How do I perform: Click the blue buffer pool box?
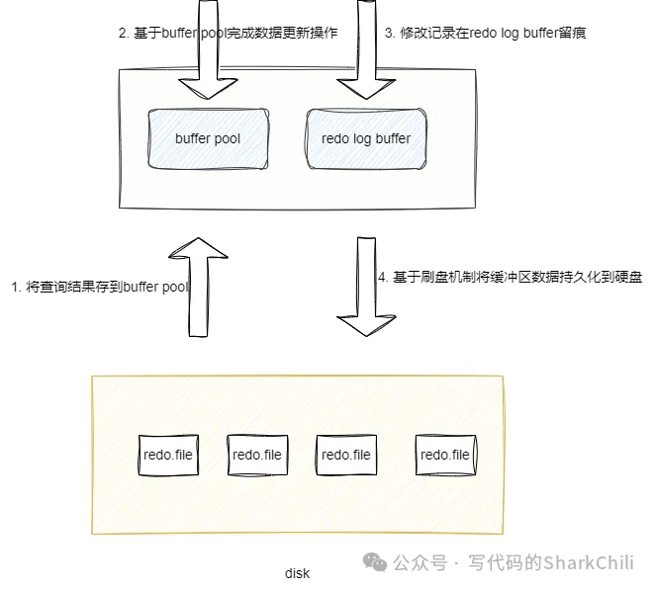click(208, 138)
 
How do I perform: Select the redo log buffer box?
click(366, 138)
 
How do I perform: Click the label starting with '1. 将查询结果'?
click(99, 287)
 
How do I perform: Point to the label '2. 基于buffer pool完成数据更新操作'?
click(228, 33)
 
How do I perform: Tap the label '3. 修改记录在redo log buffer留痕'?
click(486, 33)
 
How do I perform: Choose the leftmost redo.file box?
click(168, 455)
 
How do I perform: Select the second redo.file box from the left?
click(257, 455)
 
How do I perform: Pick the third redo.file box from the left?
click(346, 455)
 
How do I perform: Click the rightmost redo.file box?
click(445, 455)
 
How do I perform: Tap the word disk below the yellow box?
click(297, 573)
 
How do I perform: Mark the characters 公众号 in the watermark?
click(417, 562)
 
